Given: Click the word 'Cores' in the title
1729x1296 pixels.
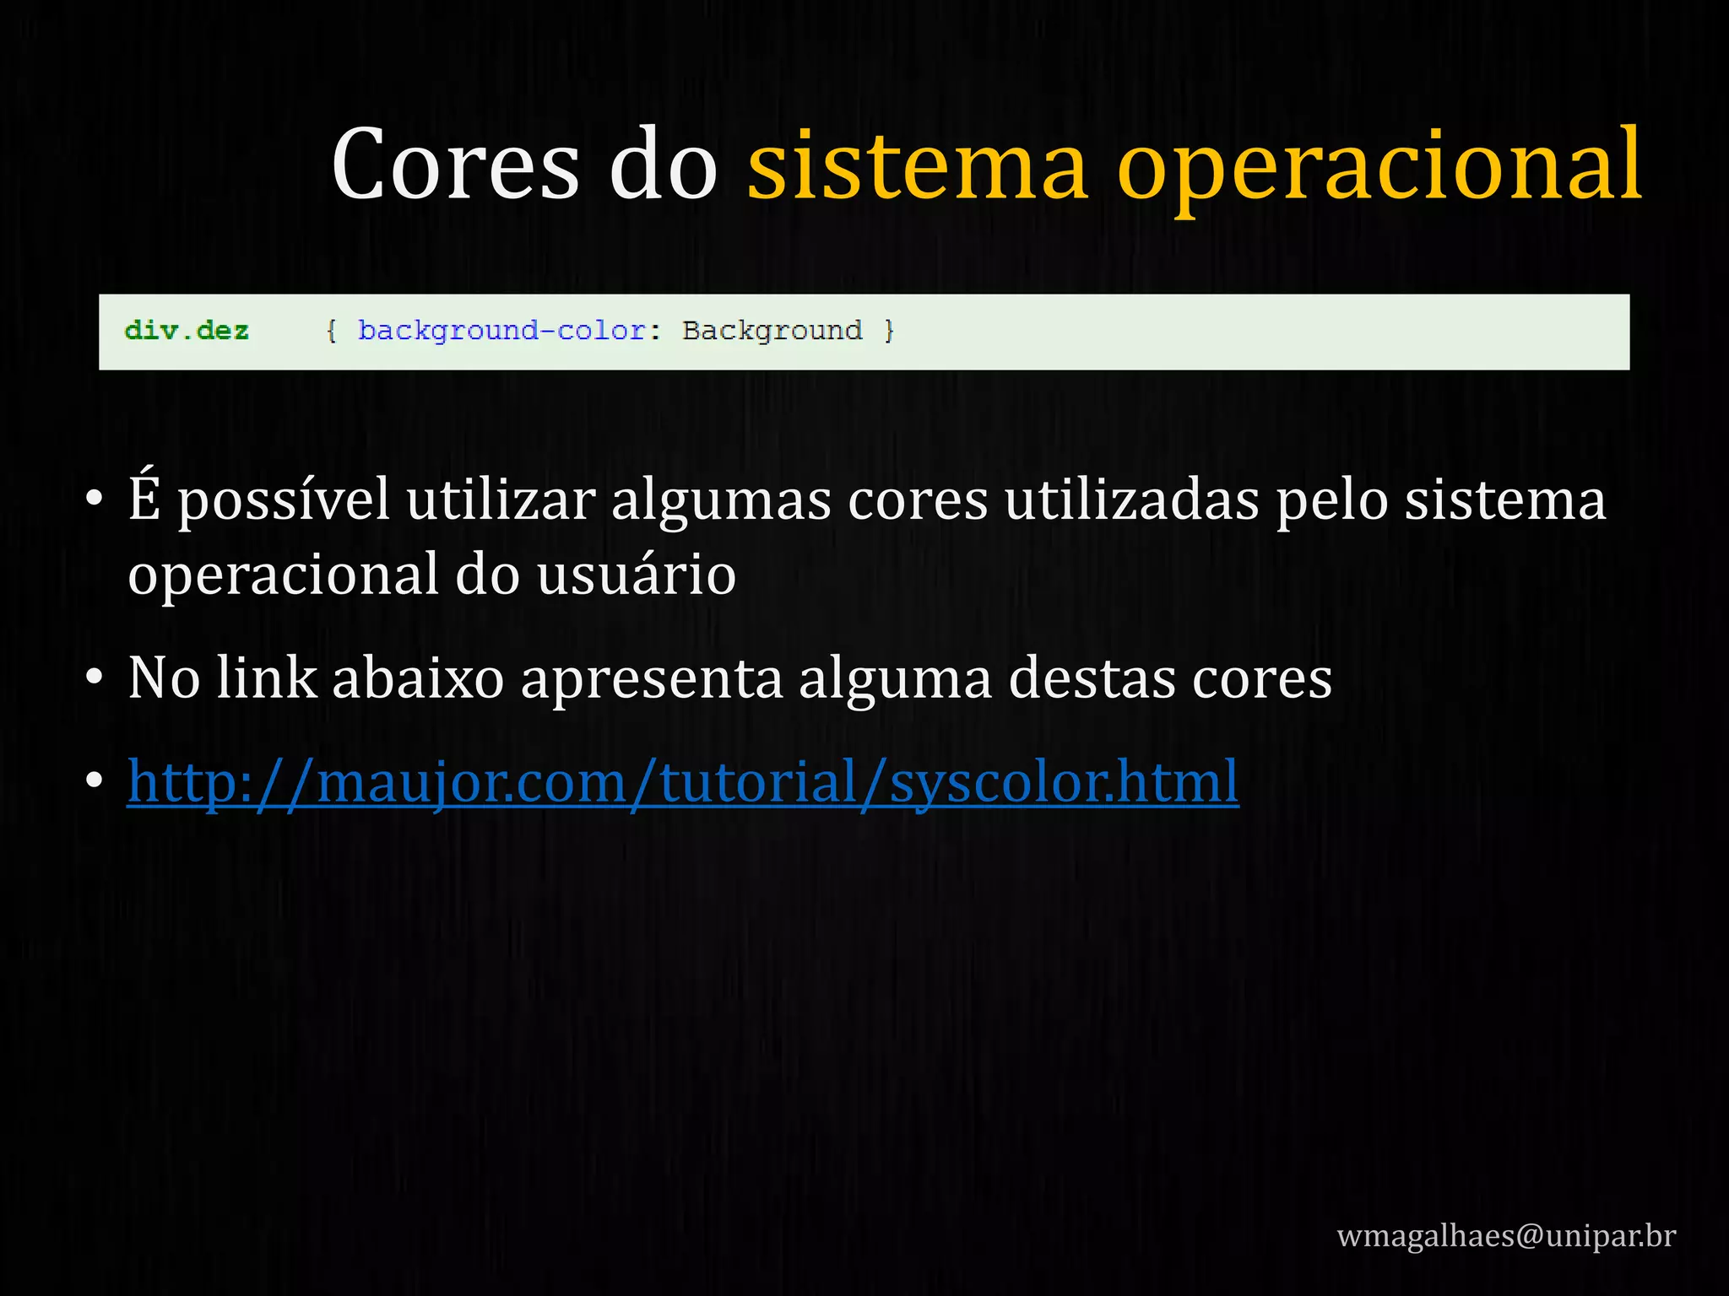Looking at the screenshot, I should pyautogui.click(x=455, y=165).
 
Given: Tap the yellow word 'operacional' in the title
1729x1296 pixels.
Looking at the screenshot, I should pyautogui.click(x=1379, y=169).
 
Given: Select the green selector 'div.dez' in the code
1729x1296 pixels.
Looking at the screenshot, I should pyautogui.click(x=187, y=331).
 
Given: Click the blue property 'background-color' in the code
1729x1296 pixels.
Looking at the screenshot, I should pyautogui.click(x=501, y=331).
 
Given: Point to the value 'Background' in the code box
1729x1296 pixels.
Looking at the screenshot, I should pyautogui.click(x=772, y=331).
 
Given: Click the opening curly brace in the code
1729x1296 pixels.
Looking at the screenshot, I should pyautogui.click(x=332, y=331).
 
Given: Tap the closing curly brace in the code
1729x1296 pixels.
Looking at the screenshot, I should pyautogui.click(x=888, y=331).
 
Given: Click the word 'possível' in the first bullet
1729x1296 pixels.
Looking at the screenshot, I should pyautogui.click(x=284, y=501).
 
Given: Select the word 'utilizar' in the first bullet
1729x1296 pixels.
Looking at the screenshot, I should pyautogui.click(x=501, y=499).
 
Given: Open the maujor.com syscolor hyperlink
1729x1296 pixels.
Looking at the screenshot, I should pyautogui.click(x=683, y=782).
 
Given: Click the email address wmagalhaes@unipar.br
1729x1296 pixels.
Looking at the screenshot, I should pyautogui.click(x=1506, y=1236).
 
